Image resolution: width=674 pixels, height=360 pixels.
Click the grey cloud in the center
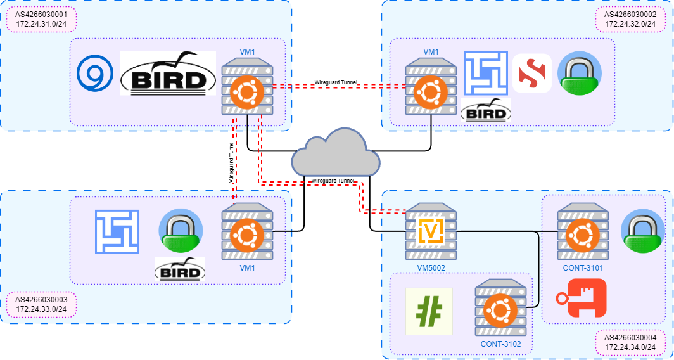pos(336,152)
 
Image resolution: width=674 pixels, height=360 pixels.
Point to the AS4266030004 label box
pos(630,342)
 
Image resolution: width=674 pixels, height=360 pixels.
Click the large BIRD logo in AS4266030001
pos(168,74)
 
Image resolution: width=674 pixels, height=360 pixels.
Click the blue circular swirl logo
pos(95,73)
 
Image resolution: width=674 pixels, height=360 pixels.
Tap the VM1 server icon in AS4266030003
pos(247,231)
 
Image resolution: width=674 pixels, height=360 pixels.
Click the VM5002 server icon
pos(431,231)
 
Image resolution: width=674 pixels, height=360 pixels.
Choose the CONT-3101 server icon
pos(582,231)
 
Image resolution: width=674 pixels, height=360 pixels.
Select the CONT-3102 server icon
pos(500,307)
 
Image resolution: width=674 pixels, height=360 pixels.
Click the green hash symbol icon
pos(429,311)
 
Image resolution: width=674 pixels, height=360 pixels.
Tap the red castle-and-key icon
pos(581,298)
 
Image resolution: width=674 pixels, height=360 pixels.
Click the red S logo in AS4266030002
pos(532,73)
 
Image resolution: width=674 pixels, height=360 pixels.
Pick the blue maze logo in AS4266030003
pos(117,232)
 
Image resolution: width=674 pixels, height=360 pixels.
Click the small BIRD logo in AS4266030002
pos(486,111)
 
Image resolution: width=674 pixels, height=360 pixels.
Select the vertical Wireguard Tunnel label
pos(232,162)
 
